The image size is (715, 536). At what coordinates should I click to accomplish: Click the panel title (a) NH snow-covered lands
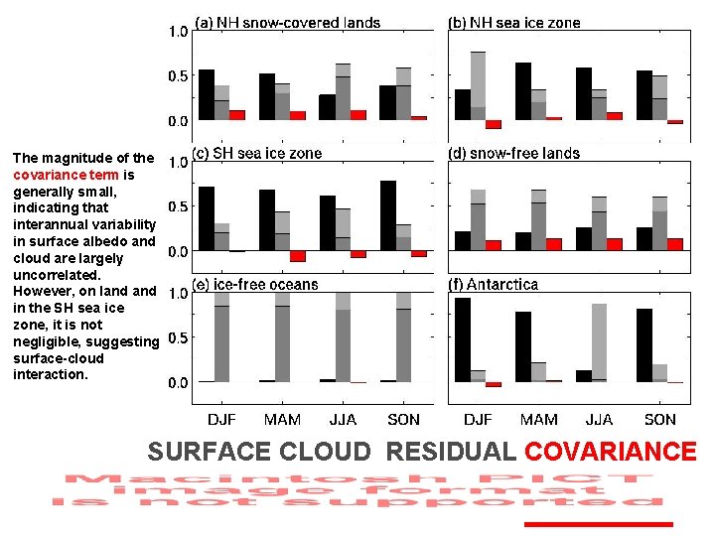(x=287, y=23)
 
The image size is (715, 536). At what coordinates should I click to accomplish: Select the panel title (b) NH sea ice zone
(x=514, y=23)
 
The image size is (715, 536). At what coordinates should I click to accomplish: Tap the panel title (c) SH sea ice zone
(x=257, y=154)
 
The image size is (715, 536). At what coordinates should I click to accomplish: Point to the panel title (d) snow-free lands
(x=514, y=154)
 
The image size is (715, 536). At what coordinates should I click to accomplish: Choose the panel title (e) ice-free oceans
(x=255, y=285)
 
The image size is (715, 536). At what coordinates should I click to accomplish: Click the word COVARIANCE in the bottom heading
(x=611, y=453)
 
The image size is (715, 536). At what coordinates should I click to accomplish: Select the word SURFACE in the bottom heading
(x=208, y=453)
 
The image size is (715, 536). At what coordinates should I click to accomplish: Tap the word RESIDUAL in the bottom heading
(x=451, y=453)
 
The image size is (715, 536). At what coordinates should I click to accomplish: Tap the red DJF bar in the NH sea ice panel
(x=494, y=124)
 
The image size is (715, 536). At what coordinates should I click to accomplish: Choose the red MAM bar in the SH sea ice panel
(x=297, y=256)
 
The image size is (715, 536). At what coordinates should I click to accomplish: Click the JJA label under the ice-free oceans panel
(x=343, y=420)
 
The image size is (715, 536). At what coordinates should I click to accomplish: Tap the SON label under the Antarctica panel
(x=660, y=420)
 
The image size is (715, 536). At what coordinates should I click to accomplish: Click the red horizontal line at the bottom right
(x=599, y=523)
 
